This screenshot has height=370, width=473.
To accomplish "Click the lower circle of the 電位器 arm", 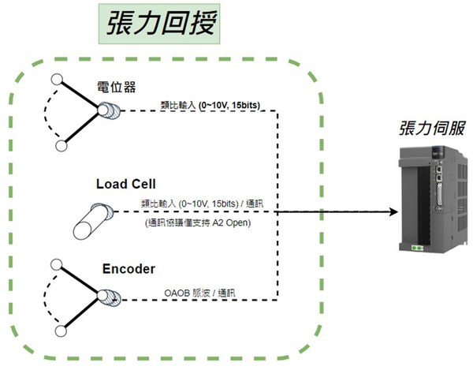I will pyautogui.click(x=61, y=147).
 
